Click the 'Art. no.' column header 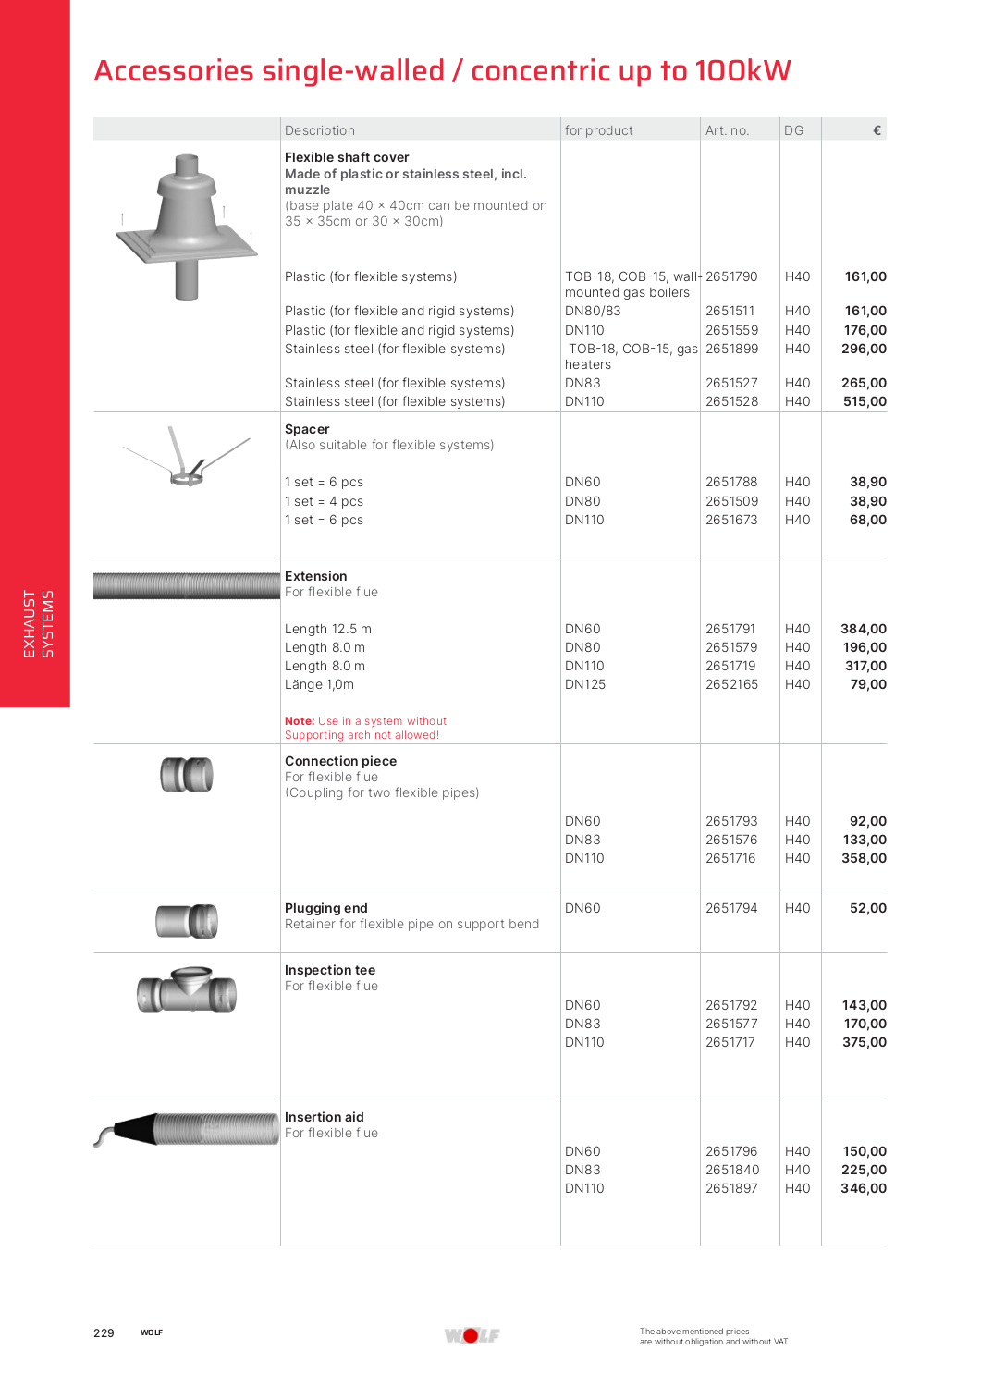727,130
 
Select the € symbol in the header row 877,130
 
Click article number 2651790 731,276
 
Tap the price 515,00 865,401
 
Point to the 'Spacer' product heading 307,429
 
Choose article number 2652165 731,684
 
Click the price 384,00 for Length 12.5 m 863,629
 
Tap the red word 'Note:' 300,721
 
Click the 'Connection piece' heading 340,761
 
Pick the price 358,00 864,858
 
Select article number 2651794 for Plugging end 731,908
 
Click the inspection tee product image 187,990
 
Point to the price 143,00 864,1005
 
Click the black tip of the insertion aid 135,1128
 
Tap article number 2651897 731,1188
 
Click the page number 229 104,1332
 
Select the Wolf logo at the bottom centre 472,1335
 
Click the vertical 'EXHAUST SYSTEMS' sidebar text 38,624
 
